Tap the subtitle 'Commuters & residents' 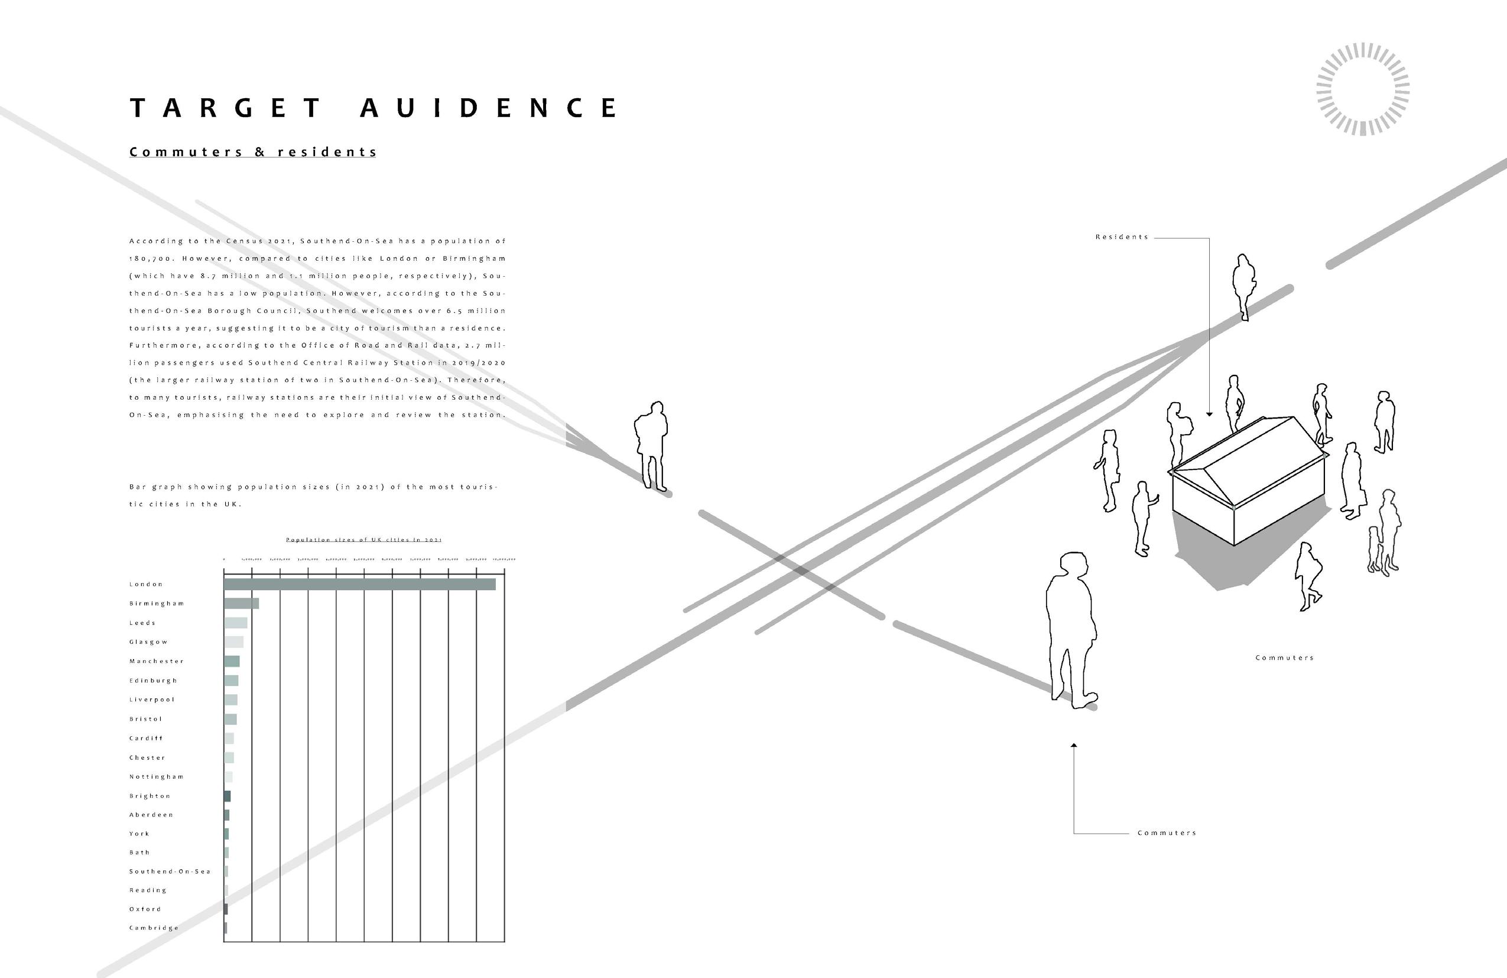click(253, 152)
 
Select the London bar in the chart click(360, 584)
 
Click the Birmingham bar click(241, 603)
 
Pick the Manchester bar click(232, 661)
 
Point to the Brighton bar click(228, 796)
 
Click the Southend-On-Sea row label click(170, 872)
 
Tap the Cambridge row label click(154, 928)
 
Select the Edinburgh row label click(153, 681)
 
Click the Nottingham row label click(157, 776)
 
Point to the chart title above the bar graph click(363, 540)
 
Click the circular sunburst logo click(1363, 89)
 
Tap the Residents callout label click(1122, 237)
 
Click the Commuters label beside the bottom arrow click(1167, 833)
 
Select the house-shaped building click(1248, 481)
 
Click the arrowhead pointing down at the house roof click(1209, 414)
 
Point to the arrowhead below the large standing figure click(1074, 746)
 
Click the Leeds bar click(236, 623)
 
